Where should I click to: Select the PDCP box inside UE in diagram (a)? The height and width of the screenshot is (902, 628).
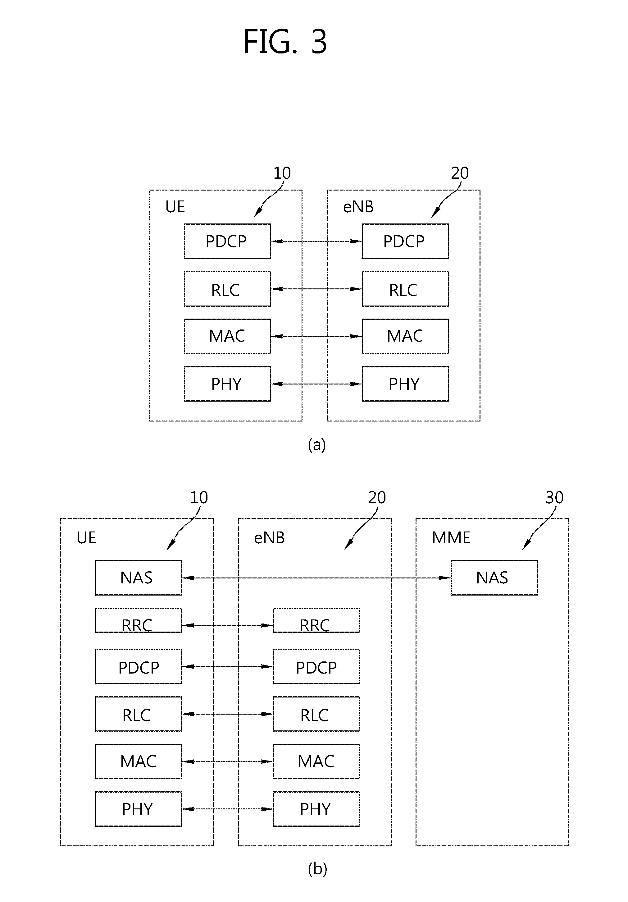(x=227, y=241)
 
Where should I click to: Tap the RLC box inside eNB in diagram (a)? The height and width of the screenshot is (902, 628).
(x=405, y=289)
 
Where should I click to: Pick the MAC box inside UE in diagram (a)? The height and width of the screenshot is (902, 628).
(x=227, y=336)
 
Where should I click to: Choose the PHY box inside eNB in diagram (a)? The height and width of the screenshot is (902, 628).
(x=405, y=384)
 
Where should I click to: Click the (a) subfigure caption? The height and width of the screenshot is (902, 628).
(x=317, y=445)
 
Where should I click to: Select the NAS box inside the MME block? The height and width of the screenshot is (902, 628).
(x=494, y=578)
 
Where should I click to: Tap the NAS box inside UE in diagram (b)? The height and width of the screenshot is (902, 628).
(x=138, y=578)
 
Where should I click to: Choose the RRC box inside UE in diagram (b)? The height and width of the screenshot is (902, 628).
(x=138, y=621)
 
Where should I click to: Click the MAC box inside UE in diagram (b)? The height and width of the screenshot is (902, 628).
(x=138, y=762)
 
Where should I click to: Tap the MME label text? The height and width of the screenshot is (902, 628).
(x=451, y=538)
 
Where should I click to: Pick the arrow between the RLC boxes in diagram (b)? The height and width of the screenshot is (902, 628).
(x=227, y=714)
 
